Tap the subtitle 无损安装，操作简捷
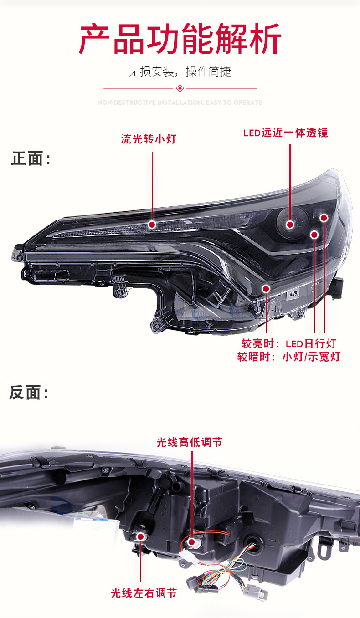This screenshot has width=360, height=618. [180, 72]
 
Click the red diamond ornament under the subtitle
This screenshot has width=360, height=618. [180, 88]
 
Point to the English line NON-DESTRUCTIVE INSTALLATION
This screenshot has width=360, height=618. [180, 102]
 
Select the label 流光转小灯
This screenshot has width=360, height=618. [148, 138]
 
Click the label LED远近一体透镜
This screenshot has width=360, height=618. [285, 133]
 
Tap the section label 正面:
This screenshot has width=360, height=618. [31, 159]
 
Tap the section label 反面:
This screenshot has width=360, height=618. [29, 393]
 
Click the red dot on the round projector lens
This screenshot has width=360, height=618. [290, 224]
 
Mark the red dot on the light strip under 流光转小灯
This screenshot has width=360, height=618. [152, 225]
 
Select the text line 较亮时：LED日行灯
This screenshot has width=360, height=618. [288, 343]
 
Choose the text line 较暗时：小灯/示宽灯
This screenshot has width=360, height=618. [288, 357]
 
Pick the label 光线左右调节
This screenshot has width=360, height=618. [144, 593]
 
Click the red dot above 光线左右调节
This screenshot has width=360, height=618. [141, 537]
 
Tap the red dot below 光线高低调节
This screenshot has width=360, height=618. [192, 542]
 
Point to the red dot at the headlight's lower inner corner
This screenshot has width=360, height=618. [266, 288]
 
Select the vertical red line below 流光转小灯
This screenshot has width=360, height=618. [152, 187]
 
